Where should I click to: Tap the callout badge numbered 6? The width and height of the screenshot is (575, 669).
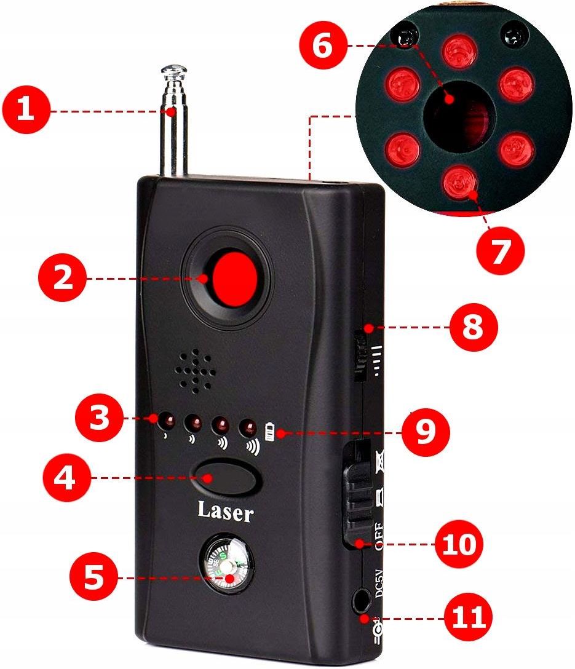tap(323, 46)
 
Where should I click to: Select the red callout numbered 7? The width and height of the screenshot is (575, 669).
tap(500, 250)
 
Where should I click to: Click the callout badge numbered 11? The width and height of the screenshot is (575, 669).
tap(468, 617)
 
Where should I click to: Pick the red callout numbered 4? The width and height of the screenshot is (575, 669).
tap(67, 477)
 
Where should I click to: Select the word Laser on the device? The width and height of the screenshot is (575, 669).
tap(225, 511)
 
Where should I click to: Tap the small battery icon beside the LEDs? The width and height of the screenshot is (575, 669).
tap(269, 432)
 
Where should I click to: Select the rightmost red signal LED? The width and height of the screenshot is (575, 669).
tap(248, 427)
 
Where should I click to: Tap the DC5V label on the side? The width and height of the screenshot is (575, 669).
tap(378, 583)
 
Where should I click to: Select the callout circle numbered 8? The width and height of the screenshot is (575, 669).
tap(473, 327)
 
